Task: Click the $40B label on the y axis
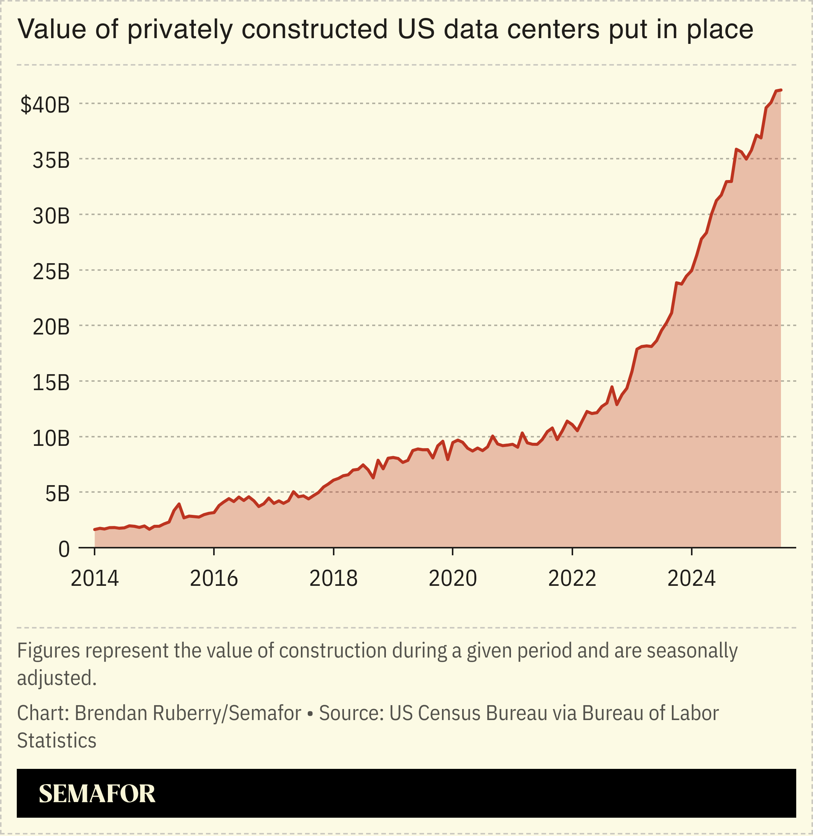(x=45, y=105)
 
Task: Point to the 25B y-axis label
(x=51, y=272)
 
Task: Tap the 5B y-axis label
(x=57, y=494)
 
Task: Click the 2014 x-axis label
(x=94, y=579)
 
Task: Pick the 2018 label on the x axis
(x=333, y=579)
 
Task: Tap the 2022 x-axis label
(x=572, y=579)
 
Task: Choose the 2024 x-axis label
(x=691, y=579)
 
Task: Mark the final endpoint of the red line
(x=781, y=90)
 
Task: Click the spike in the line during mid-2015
(x=179, y=504)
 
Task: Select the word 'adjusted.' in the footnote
(x=57, y=678)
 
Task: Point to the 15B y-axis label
(x=51, y=383)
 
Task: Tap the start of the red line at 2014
(x=95, y=529)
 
